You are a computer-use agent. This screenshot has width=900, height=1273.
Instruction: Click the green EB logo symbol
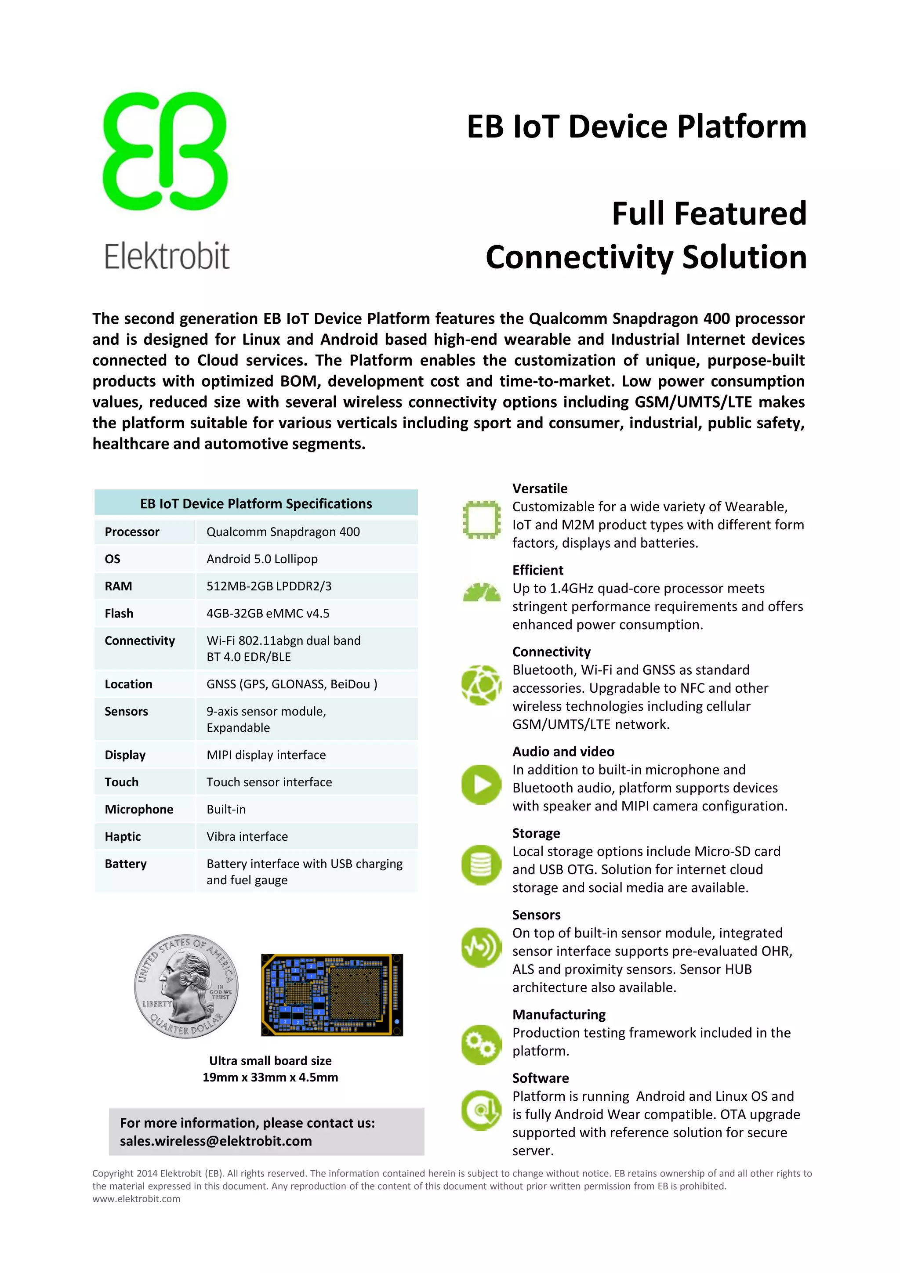pos(165,151)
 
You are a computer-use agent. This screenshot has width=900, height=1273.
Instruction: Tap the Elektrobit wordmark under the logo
pos(167,256)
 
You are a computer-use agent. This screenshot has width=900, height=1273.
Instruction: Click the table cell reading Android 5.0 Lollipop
pos(262,559)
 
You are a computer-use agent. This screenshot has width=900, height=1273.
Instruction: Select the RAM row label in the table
pos(118,586)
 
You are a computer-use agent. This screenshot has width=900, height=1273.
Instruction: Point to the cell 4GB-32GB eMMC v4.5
pos(268,613)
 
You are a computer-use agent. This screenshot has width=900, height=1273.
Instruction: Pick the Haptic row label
pos(123,837)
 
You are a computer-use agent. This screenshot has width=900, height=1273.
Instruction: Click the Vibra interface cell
pos(247,837)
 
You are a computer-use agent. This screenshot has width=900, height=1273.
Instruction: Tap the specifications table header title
pos(256,503)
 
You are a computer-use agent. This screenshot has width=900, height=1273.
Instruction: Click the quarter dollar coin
pos(186,986)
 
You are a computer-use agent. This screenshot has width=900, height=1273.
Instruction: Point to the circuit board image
pos(332,995)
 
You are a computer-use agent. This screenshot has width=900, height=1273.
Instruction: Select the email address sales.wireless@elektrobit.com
pos(216,1141)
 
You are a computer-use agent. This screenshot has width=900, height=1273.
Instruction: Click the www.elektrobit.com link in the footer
pos(136,1199)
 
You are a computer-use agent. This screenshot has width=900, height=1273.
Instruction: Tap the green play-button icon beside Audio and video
pos(481,785)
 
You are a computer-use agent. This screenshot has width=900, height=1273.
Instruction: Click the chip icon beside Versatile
pos(481,520)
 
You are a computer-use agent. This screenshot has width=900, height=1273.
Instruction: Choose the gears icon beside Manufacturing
pos(481,1045)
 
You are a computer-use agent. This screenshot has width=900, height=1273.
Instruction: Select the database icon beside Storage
pos(481,865)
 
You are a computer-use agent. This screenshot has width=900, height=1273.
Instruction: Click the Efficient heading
pos(537,570)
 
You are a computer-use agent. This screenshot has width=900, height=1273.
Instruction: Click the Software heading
pos(540,1078)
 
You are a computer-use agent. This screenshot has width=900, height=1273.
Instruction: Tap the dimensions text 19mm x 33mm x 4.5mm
pos(270,1077)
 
